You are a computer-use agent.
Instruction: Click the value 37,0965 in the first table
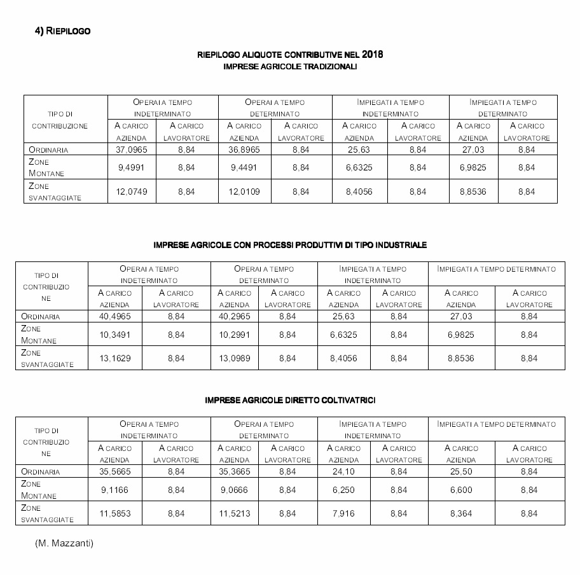point(132,150)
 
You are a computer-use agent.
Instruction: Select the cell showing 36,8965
point(244,150)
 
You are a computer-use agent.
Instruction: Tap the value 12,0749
point(132,191)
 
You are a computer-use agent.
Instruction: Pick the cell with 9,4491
point(244,168)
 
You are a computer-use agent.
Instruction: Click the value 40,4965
point(114,316)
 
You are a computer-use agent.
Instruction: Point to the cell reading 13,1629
point(114,358)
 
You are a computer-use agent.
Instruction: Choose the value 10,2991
point(234,335)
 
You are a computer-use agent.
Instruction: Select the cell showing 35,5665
point(114,472)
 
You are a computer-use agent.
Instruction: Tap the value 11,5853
point(114,513)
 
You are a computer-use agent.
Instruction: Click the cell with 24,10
point(343,472)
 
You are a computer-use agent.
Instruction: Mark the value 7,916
point(343,513)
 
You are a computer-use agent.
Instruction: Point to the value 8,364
point(461,513)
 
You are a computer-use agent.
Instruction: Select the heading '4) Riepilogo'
point(62,31)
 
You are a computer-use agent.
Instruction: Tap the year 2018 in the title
point(373,54)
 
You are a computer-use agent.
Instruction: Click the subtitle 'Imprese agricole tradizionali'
point(290,66)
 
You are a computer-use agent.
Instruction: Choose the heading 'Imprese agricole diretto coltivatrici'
point(290,400)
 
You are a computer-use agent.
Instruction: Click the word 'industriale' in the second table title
point(401,245)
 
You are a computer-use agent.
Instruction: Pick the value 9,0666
point(234,490)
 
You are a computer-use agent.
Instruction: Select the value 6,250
point(343,490)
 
